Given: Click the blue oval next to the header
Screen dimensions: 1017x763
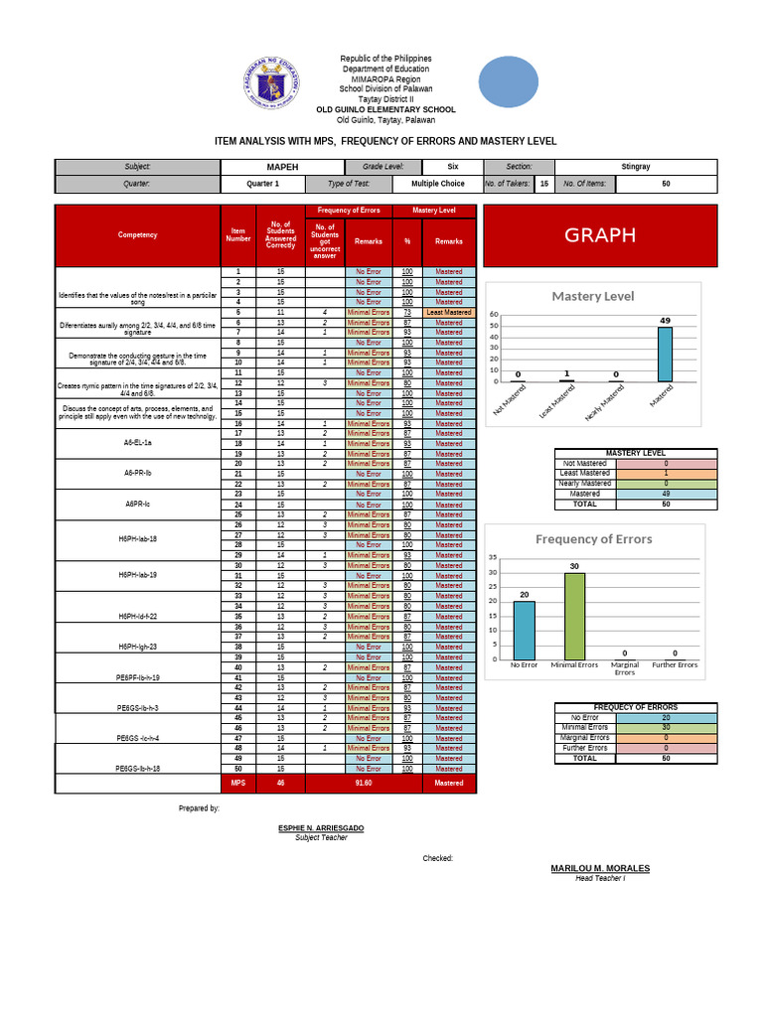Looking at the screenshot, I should (x=509, y=81).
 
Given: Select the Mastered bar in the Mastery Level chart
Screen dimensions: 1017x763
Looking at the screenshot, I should (x=664, y=355).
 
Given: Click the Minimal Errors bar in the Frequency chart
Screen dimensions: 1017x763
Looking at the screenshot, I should (x=574, y=616).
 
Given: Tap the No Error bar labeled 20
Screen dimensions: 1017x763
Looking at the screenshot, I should (x=524, y=630).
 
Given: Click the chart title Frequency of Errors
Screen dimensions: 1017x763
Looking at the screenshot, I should (x=594, y=539).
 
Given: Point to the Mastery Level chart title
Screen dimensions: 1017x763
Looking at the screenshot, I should (x=593, y=296).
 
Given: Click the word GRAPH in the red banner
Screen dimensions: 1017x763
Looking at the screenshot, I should (x=600, y=235).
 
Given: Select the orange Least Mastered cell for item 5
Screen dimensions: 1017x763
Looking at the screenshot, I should (x=449, y=313).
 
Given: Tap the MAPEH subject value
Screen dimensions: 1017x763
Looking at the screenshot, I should (x=282, y=167).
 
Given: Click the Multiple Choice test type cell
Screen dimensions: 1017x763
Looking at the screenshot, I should (x=437, y=184).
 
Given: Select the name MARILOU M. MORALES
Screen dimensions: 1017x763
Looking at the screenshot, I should (x=600, y=868).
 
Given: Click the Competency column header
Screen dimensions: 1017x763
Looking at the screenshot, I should (x=137, y=235).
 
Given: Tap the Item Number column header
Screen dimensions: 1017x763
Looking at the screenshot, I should (x=237, y=235).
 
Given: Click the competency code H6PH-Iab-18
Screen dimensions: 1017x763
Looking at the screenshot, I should (x=137, y=538).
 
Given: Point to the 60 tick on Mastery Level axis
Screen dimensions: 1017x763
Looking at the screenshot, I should (x=494, y=315).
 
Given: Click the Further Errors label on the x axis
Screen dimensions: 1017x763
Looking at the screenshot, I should (x=675, y=664).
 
